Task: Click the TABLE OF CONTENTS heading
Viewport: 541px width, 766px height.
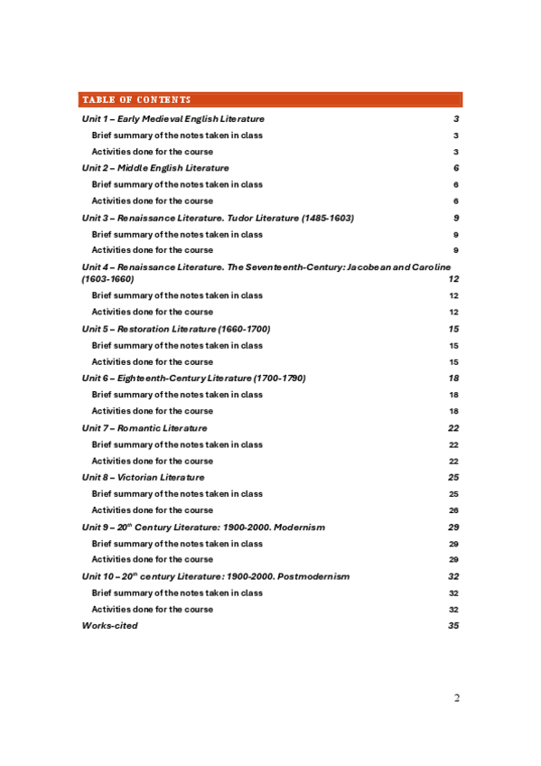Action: (x=136, y=99)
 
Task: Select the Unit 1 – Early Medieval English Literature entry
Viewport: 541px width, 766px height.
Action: (x=173, y=119)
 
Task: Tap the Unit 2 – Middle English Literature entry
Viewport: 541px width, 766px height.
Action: (x=155, y=168)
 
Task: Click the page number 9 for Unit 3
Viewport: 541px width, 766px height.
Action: (x=456, y=218)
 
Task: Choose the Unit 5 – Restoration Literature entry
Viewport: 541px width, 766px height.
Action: (x=176, y=329)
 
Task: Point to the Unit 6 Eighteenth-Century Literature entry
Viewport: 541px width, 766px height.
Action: (x=193, y=378)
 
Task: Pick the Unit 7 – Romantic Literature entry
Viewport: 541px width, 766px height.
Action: (x=145, y=428)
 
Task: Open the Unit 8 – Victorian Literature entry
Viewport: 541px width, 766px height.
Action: (x=143, y=477)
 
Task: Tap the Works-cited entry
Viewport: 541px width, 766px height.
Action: (x=110, y=625)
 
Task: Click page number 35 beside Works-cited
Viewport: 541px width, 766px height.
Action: (x=453, y=625)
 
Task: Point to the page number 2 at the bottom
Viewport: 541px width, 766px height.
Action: (x=457, y=698)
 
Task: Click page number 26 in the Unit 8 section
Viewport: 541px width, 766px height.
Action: (x=453, y=510)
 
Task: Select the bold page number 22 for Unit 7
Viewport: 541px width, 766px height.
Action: (x=453, y=428)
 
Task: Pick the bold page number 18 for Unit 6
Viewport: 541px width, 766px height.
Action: (x=453, y=378)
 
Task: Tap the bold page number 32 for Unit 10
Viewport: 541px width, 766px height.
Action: (x=453, y=576)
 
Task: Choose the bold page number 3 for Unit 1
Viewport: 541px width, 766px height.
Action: (x=456, y=119)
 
